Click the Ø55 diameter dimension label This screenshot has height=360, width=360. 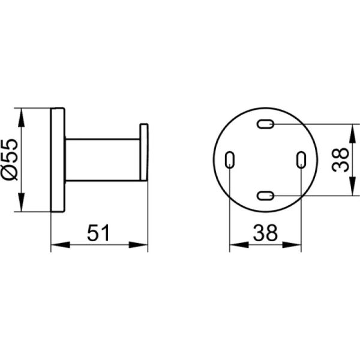pos(10,160)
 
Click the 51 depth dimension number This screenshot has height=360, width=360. pos(98,233)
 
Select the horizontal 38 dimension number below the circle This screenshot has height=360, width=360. pos(265,233)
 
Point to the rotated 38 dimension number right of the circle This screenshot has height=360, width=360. pos(340,160)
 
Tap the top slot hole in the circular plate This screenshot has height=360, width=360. pos(265,124)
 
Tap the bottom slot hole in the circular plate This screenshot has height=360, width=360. pos(265,196)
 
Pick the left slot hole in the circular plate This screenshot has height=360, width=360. pos(230,160)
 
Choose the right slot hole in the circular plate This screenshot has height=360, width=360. pos(301,160)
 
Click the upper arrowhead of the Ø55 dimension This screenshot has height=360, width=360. pos(22,117)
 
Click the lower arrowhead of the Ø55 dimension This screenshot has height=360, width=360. pos(22,202)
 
